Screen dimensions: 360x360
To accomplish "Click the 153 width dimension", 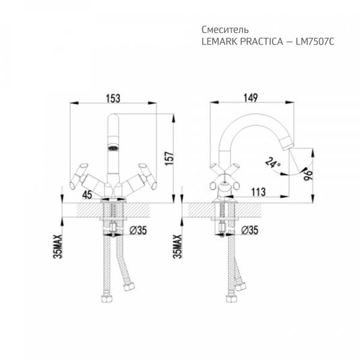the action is tap(113, 98).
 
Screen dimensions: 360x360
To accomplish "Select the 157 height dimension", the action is tap(170, 158).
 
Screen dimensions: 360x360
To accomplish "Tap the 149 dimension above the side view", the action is tap(250, 98).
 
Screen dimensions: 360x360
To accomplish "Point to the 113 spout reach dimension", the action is tap(258, 192).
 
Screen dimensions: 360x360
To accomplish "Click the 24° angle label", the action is tap(273, 163).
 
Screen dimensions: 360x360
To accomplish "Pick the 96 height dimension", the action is tap(308, 175).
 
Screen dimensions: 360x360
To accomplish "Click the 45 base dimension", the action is tap(87, 194).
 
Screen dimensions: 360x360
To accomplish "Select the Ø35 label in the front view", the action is tap(138, 230).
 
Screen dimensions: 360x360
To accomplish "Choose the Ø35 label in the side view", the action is tap(250, 230).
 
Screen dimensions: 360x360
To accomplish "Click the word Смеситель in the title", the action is tap(225, 29).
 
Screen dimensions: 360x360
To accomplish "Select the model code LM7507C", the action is tap(315, 41).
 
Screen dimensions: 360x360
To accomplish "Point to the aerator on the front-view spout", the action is tap(113, 148).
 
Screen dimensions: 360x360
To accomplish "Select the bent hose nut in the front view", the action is tap(128, 287).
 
